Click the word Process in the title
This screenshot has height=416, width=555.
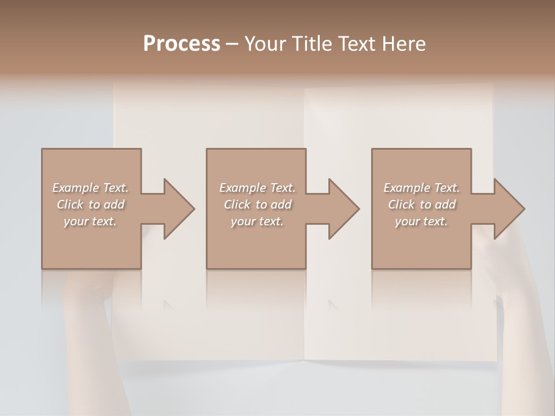coord(182,44)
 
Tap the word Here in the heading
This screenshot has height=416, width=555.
coord(404,44)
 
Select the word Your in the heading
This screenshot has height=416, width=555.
coord(264,44)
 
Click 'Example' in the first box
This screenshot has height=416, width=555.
coord(75,188)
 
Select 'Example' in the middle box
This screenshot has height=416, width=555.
coord(242,188)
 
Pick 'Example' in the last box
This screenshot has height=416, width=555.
coord(406,188)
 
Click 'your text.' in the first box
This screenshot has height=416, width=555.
coord(90,221)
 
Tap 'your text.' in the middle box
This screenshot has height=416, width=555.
coord(257,221)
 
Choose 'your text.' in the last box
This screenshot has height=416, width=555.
coord(421,221)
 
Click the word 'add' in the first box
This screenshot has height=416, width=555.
coord(114,205)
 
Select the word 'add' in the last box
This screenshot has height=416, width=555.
coord(445,205)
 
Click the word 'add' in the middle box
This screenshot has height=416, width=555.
coord(281,205)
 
